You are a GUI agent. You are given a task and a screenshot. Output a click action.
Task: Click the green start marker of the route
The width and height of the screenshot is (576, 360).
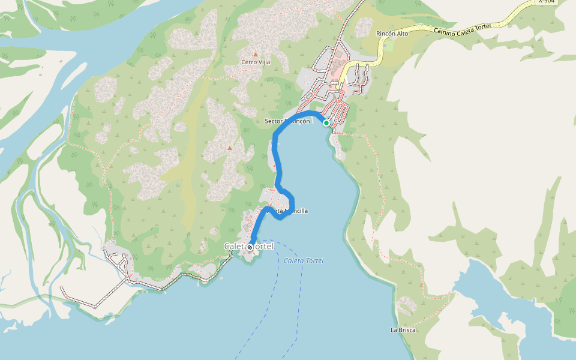tap(326, 122)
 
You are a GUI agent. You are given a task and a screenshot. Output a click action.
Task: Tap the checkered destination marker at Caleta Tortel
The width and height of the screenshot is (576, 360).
tap(250, 247)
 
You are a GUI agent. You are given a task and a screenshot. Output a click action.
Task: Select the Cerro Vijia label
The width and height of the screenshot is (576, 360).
tap(256, 62)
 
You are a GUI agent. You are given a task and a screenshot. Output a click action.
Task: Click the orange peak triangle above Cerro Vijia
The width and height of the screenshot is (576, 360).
tap(256, 54)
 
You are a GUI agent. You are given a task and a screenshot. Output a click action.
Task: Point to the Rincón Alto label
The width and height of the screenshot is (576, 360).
tap(392, 34)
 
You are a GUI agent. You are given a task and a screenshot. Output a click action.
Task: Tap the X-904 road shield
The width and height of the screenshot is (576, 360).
tap(547, 2)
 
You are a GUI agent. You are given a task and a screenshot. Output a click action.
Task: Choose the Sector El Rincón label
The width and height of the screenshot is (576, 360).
tap(287, 121)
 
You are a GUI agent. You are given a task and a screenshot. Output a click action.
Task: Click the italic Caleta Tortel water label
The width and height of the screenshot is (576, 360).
tap(304, 260)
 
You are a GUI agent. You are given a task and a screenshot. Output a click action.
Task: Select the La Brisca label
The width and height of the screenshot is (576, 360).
tap(403, 330)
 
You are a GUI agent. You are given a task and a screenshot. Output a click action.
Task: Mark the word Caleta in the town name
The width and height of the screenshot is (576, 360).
tap(235, 247)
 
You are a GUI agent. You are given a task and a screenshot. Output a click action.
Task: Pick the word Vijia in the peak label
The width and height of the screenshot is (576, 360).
tap(264, 62)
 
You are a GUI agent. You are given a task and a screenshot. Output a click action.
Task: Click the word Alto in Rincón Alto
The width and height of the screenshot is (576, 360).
tap(402, 34)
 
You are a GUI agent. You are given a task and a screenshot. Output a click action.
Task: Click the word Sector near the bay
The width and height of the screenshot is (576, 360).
tap(274, 121)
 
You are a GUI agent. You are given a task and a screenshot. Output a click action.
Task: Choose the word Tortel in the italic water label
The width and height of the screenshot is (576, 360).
tap(314, 260)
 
